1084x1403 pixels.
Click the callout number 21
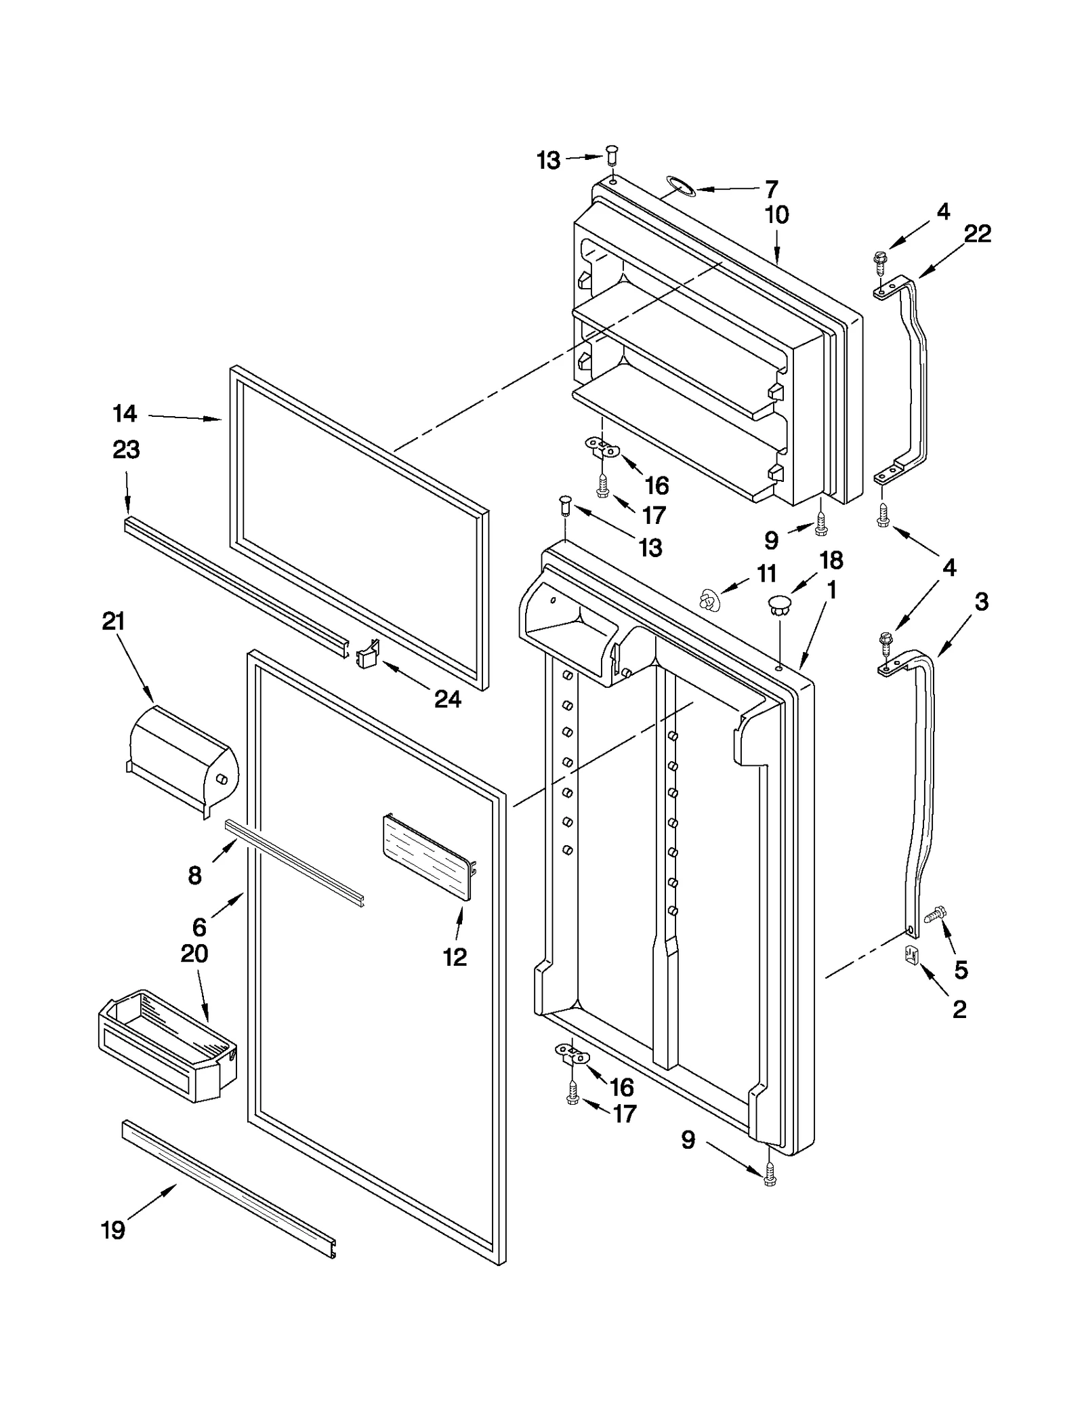pyautogui.click(x=113, y=621)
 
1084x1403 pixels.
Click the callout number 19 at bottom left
pyautogui.click(x=113, y=1229)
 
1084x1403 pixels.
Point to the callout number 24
pyautogui.click(x=447, y=698)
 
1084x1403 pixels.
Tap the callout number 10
pyautogui.click(x=776, y=216)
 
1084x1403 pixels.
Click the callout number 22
pyautogui.click(x=977, y=234)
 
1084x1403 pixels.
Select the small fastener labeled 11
pyautogui.click(x=708, y=599)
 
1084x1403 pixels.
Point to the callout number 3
pyautogui.click(x=981, y=601)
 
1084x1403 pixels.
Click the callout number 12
pyautogui.click(x=455, y=957)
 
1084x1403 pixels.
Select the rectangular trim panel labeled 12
pyautogui.click(x=427, y=857)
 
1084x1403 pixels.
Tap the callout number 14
pyautogui.click(x=125, y=413)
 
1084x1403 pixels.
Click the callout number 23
pyautogui.click(x=126, y=449)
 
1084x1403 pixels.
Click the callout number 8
pyautogui.click(x=194, y=876)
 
